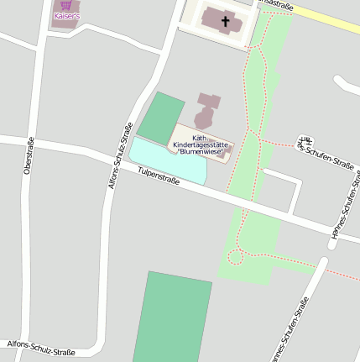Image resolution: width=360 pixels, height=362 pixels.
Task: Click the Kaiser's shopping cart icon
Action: [x=65, y=5]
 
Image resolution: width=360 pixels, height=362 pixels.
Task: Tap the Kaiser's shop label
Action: [x=66, y=16]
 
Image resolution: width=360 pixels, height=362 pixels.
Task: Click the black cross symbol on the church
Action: [x=224, y=18]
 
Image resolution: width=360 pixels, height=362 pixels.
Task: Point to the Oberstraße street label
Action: [x=29, y=155]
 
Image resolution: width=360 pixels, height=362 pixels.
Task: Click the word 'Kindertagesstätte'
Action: [x=200, y=145]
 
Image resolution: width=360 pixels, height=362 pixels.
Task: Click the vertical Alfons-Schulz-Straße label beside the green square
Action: [x=122, y=156]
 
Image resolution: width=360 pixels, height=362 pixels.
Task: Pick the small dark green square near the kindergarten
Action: [x=161, y=118]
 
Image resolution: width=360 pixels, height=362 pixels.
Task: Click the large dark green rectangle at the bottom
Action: [x=172, y=319]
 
